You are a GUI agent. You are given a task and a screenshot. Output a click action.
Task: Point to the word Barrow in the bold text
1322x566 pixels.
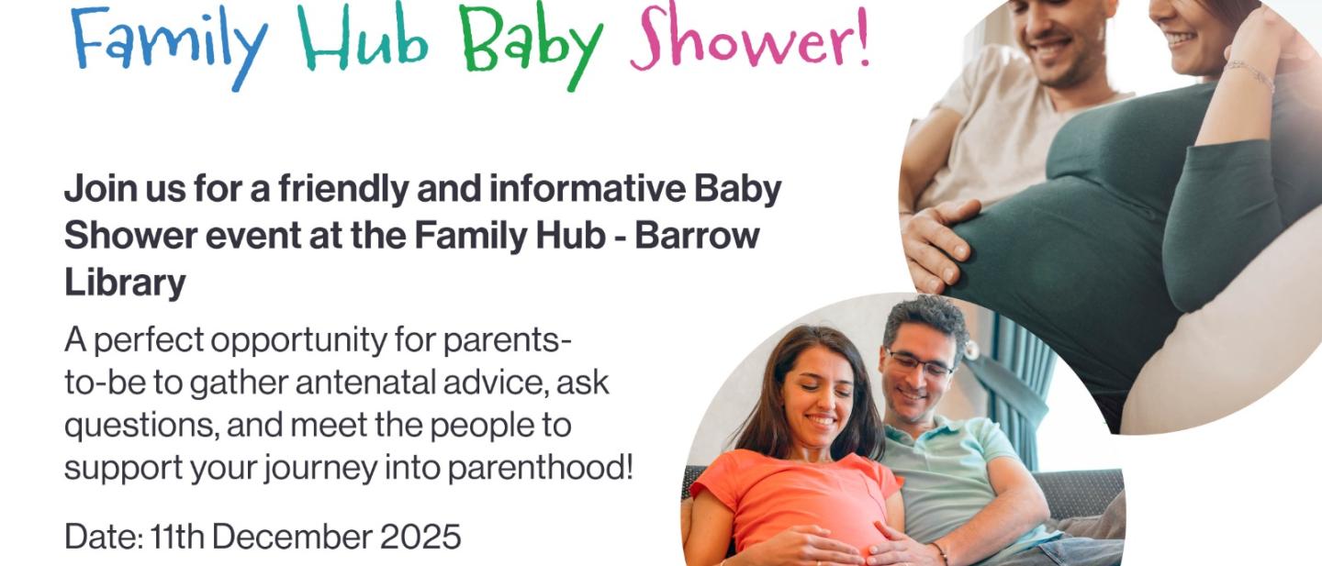[698, 236]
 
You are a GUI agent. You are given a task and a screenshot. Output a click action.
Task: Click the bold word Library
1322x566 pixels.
[125, 283]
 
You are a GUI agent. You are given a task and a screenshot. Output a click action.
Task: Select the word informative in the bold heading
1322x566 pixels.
[588, 190]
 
